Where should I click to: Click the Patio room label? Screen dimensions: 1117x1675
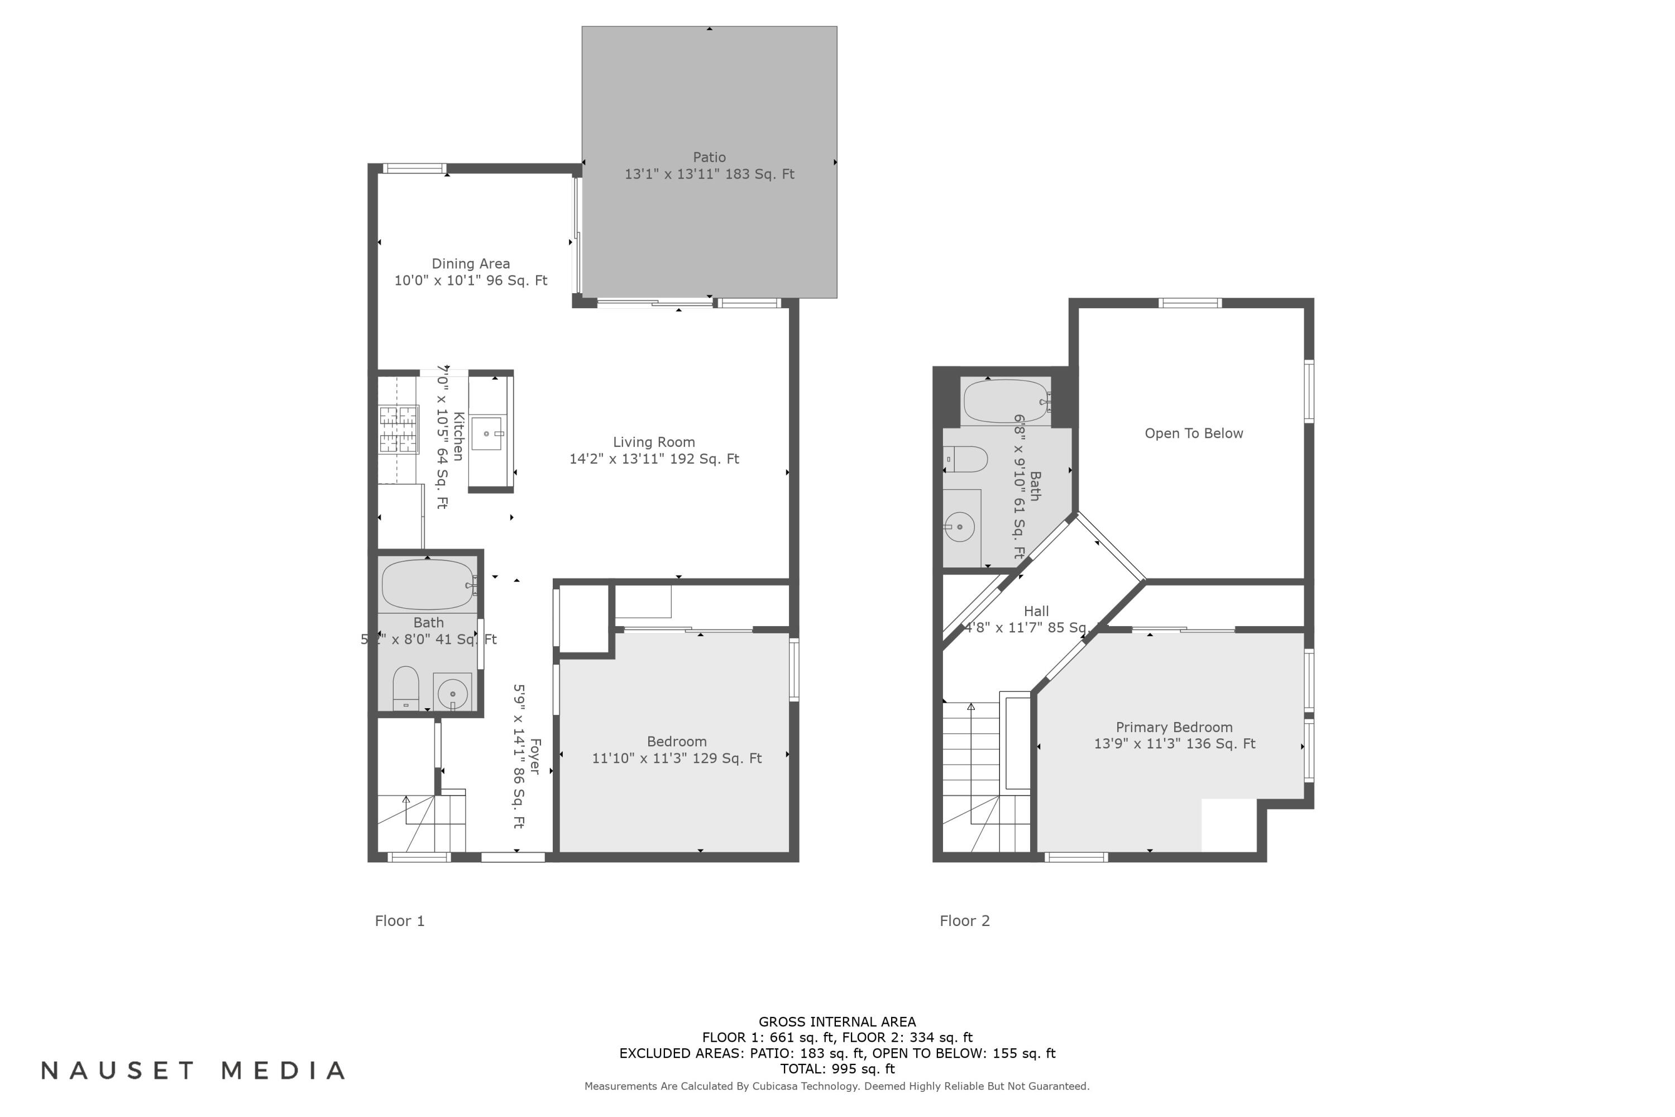click(x=709, y=157)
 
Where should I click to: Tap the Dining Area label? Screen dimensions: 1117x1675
click(x=471, y=264)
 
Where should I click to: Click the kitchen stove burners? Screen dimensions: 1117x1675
click(x=398, y=429)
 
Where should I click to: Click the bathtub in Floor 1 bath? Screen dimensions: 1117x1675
click(x=428, y=585)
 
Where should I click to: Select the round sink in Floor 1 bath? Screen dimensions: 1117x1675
click(x=452, y=693)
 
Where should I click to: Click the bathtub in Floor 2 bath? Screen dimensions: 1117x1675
click(x=1006, y=402)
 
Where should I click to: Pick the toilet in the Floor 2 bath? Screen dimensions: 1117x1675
click(x=966, y=460)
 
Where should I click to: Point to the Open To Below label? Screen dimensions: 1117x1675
click(x=1194, y=434)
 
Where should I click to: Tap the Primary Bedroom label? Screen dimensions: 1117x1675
click(x=1174, y=727)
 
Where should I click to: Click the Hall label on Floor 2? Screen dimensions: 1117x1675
click(x=1036, y=611)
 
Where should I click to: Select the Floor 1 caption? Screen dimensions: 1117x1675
click(x=400, y=921)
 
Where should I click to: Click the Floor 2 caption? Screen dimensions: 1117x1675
click(x=964, y=921)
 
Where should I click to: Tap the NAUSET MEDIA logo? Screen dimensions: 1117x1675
click(x=193, y=1071)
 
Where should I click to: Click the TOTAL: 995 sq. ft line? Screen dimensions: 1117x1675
click(x=837, y=1068)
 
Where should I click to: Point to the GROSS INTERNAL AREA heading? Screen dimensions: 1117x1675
click(x=837, y=1021)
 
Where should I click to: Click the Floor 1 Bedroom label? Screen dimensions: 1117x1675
click(x=677, y=742)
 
